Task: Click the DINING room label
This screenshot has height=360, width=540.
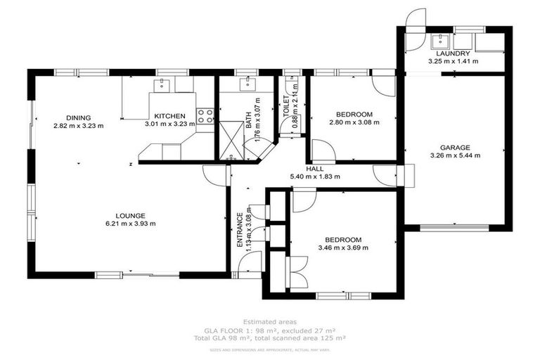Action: click(x=78, y=117)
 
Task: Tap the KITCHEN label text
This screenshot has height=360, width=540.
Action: click(x=170, y=116)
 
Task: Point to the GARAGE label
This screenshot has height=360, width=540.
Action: click(x=455, y=148)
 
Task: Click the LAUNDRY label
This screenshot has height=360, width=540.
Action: click(x=453, y=53)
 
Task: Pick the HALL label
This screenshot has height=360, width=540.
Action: click(x=315, y=169)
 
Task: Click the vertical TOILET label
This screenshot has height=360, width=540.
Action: click(x=287, y=107)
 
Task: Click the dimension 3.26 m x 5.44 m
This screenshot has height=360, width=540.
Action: click(x=455, y=155)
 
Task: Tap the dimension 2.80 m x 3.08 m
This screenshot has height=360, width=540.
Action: click(x=354, y=122)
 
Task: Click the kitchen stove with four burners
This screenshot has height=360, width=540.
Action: click(x=205, y=116)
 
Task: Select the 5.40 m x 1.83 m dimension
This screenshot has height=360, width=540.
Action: click(x=315, y=177)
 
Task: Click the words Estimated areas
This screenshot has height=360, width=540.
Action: click(x=269, y=321)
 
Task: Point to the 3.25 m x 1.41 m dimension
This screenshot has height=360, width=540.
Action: click(x=453, y=61)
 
